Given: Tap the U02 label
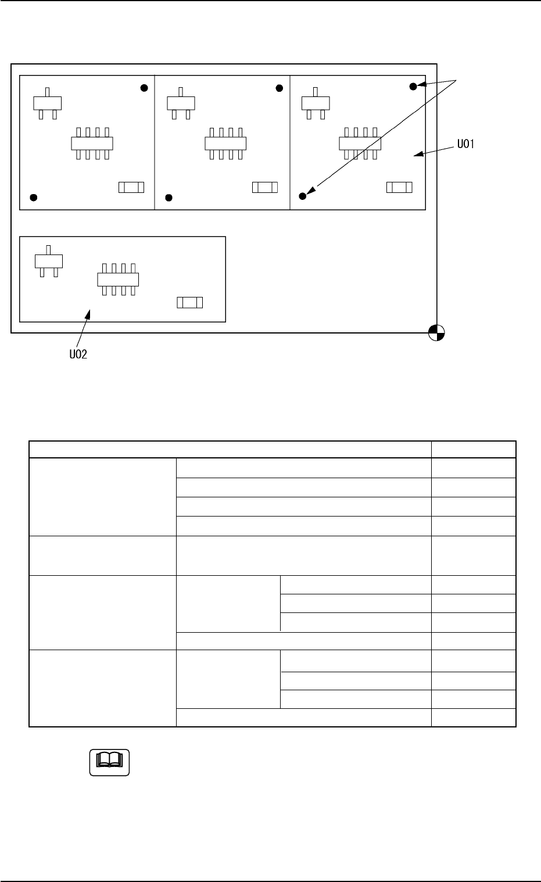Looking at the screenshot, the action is pos(75,354).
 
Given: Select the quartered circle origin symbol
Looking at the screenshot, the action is pos(436,333).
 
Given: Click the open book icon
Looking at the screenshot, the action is pos(109,762).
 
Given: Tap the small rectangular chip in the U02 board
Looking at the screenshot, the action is pos(189,303).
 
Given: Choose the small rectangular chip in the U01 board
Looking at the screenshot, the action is pos(399,187).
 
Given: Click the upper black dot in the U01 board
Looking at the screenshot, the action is pos(413,87).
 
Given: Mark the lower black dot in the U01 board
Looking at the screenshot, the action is pos(303,196).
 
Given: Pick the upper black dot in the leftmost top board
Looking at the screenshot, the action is pos(145,88).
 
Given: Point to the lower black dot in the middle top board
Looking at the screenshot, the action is pos(169,198).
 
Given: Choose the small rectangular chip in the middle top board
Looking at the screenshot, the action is pos(265,187).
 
